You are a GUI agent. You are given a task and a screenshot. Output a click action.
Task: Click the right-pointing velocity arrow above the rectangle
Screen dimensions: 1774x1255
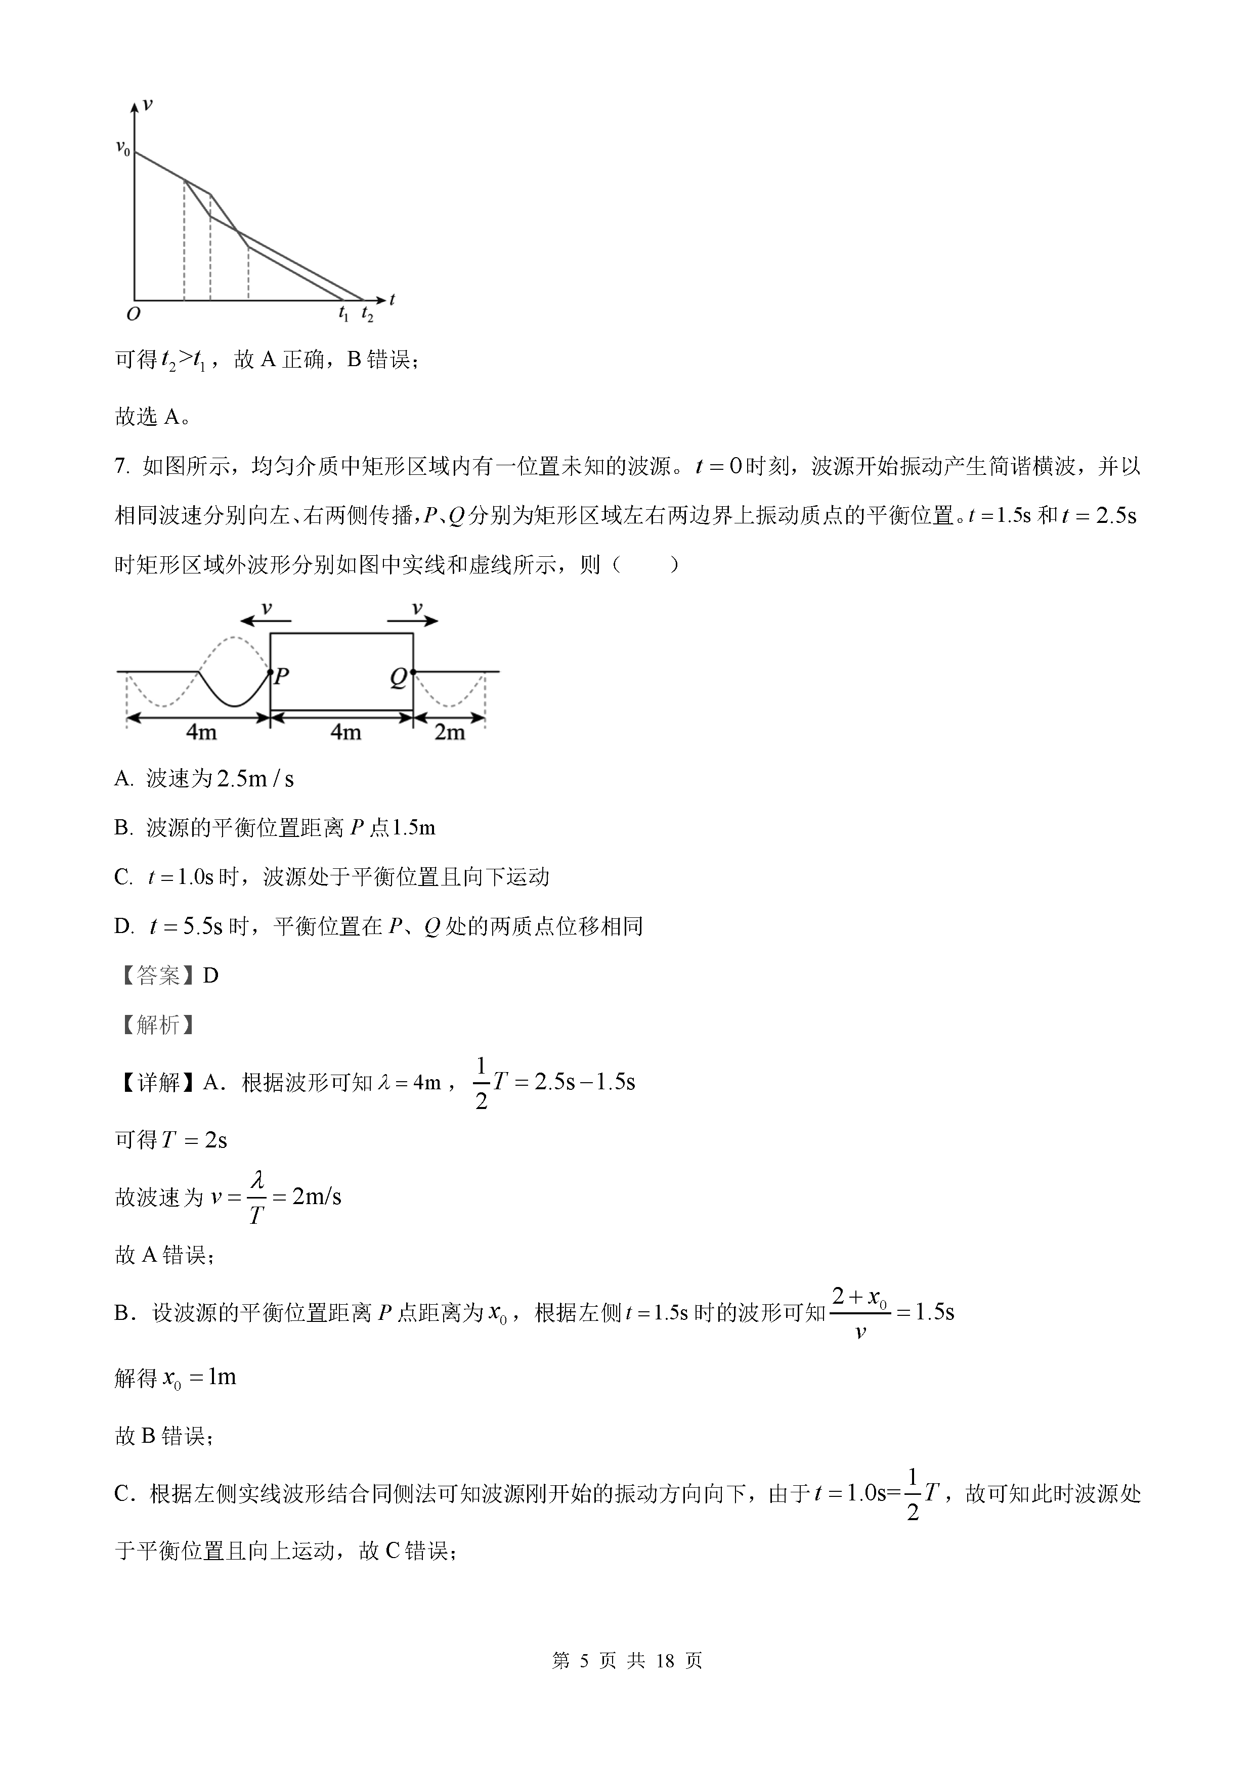[x=413, y=619]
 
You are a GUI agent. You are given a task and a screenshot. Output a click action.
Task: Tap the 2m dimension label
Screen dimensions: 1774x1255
[x=449, y=732]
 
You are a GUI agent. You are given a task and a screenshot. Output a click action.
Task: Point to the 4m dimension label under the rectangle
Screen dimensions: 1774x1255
[x=345, y=732]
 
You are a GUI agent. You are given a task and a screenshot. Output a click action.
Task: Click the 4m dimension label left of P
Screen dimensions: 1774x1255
[x=201, y=732]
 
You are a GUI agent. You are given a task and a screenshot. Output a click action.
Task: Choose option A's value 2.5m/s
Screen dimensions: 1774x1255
[x=255, y=779]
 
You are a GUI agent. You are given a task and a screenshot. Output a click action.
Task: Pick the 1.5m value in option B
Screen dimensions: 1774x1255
[x=413, y=828]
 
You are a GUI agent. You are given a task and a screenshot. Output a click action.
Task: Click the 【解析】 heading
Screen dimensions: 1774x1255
[x=157, y=1025]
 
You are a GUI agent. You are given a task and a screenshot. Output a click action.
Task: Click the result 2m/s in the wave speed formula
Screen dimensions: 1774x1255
[x=316, y=1197]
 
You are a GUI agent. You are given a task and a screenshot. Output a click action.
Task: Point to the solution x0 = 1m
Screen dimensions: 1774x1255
[x=199, y=1378]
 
